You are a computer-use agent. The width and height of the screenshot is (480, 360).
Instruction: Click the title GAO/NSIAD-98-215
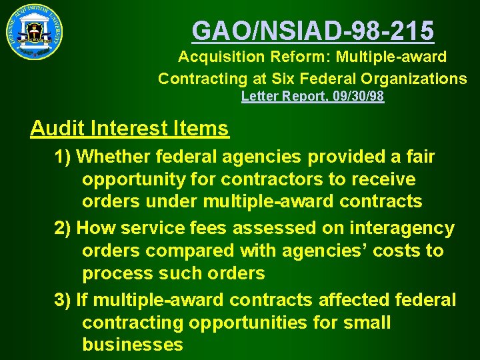[x=313, y=30]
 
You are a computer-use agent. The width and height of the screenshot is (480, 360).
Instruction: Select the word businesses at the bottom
[x=132, y=345]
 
